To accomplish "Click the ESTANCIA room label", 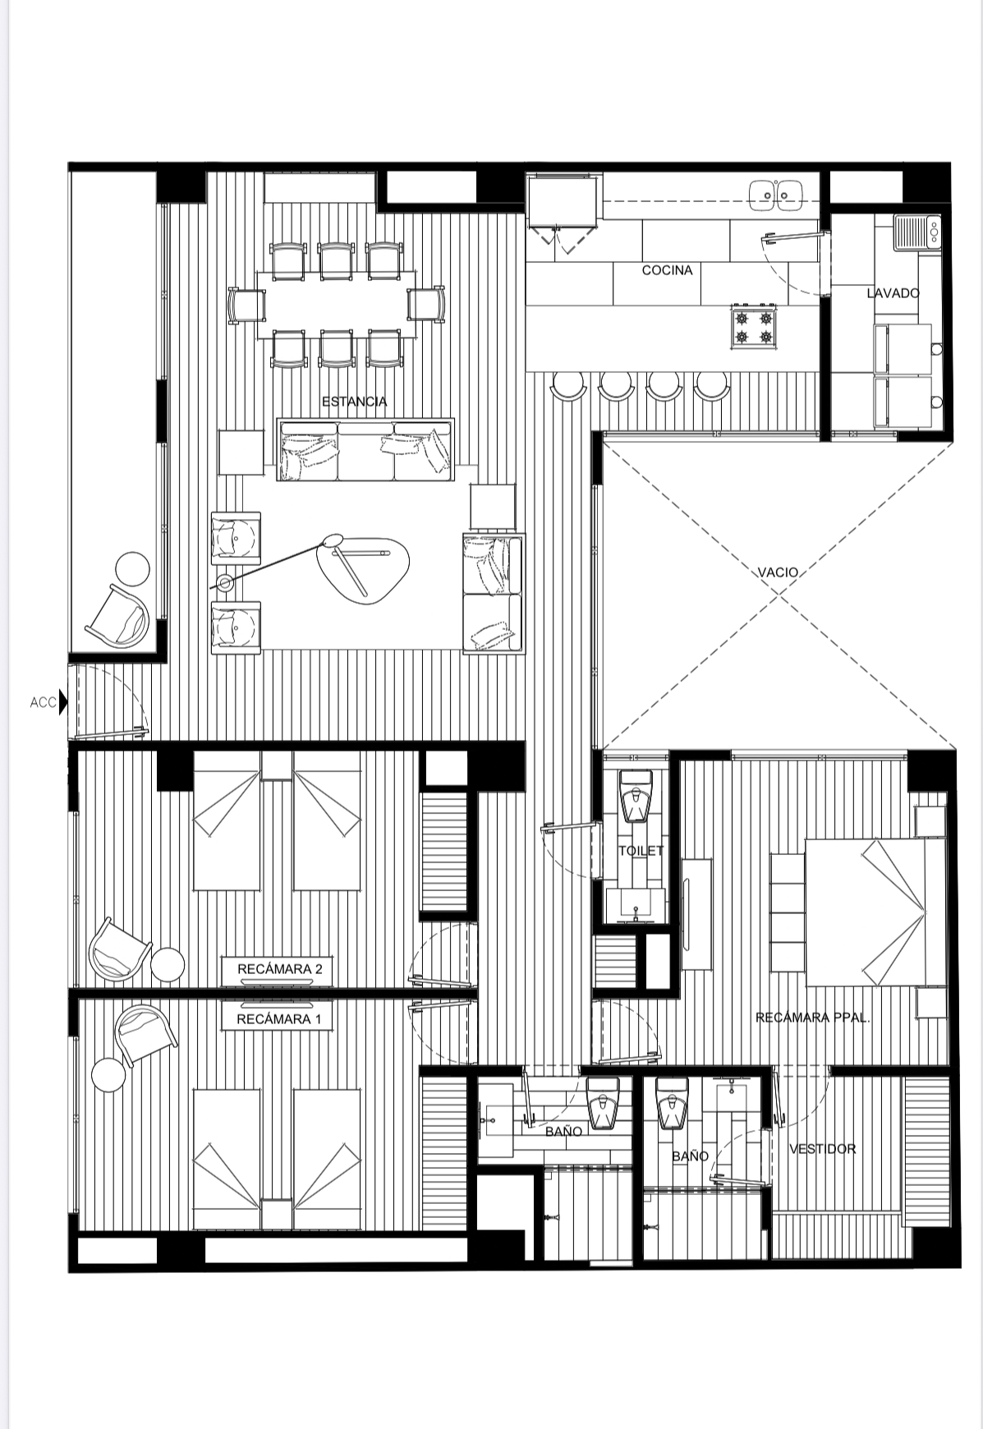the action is point(354,402).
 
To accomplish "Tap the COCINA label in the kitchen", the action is point(667,270).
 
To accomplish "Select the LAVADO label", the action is point(893,292).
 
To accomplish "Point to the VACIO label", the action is point(778,572).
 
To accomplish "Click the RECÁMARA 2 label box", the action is point(274,969).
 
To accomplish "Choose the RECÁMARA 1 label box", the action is point(274,1019).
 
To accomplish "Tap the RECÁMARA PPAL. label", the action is point(812,1018).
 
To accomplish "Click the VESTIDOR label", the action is point(822,1149).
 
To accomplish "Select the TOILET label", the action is point(641,851).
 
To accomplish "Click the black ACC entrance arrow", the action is point(63,702).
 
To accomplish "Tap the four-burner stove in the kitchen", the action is point(754,327).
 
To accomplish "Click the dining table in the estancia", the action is point(335,302).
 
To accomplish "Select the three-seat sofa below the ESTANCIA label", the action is point(365,450).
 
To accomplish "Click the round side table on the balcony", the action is point(131,568).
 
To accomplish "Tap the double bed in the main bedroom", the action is point(872,912).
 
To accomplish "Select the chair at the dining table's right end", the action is point(425,304).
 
